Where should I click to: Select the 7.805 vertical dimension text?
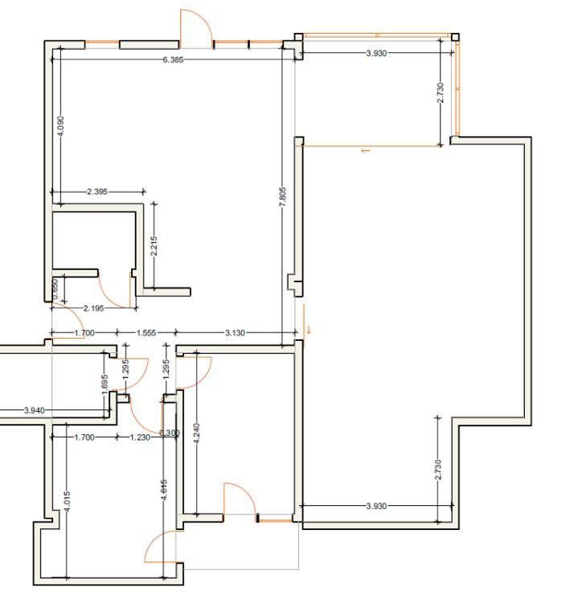click(x=282, y=197)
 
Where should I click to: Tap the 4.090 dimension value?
click(x=60, y=125)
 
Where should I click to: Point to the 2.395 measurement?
click(x=97, y=192)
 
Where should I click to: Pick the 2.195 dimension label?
click(x=94, y=308)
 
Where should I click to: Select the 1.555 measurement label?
click(x=146, y=333)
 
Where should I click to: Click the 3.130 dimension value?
click(x=235, y=333)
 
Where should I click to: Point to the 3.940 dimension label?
click(x=34, y=410)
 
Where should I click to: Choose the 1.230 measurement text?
click(x=140, y=438)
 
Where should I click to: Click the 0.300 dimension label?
click(x=170, y=433)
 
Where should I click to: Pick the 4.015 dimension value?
click(x=67, y=505)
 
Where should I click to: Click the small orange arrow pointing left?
click(x=365, y=150)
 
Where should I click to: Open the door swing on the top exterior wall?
click(x=195, y=26)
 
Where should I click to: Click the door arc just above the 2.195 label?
click(x=113, y=290)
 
